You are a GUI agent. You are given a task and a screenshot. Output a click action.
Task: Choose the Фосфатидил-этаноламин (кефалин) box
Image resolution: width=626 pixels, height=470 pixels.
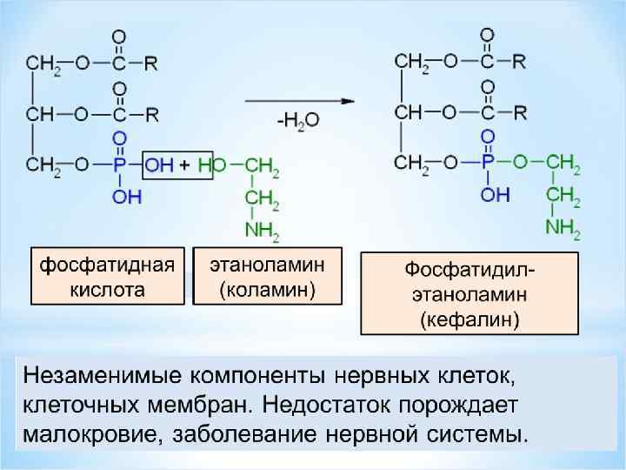click(x=469, y=293)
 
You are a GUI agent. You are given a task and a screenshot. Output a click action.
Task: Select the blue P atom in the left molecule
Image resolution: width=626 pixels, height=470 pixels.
click(x=120, y=164)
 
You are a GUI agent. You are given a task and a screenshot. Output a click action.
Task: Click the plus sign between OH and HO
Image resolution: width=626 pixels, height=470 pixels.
click(x=185, y=164)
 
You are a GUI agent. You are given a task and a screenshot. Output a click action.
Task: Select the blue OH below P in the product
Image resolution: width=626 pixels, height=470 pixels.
click(x=496, y=194)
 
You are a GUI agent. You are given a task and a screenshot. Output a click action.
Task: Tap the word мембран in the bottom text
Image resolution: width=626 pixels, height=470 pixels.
click(x=191, y=405)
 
